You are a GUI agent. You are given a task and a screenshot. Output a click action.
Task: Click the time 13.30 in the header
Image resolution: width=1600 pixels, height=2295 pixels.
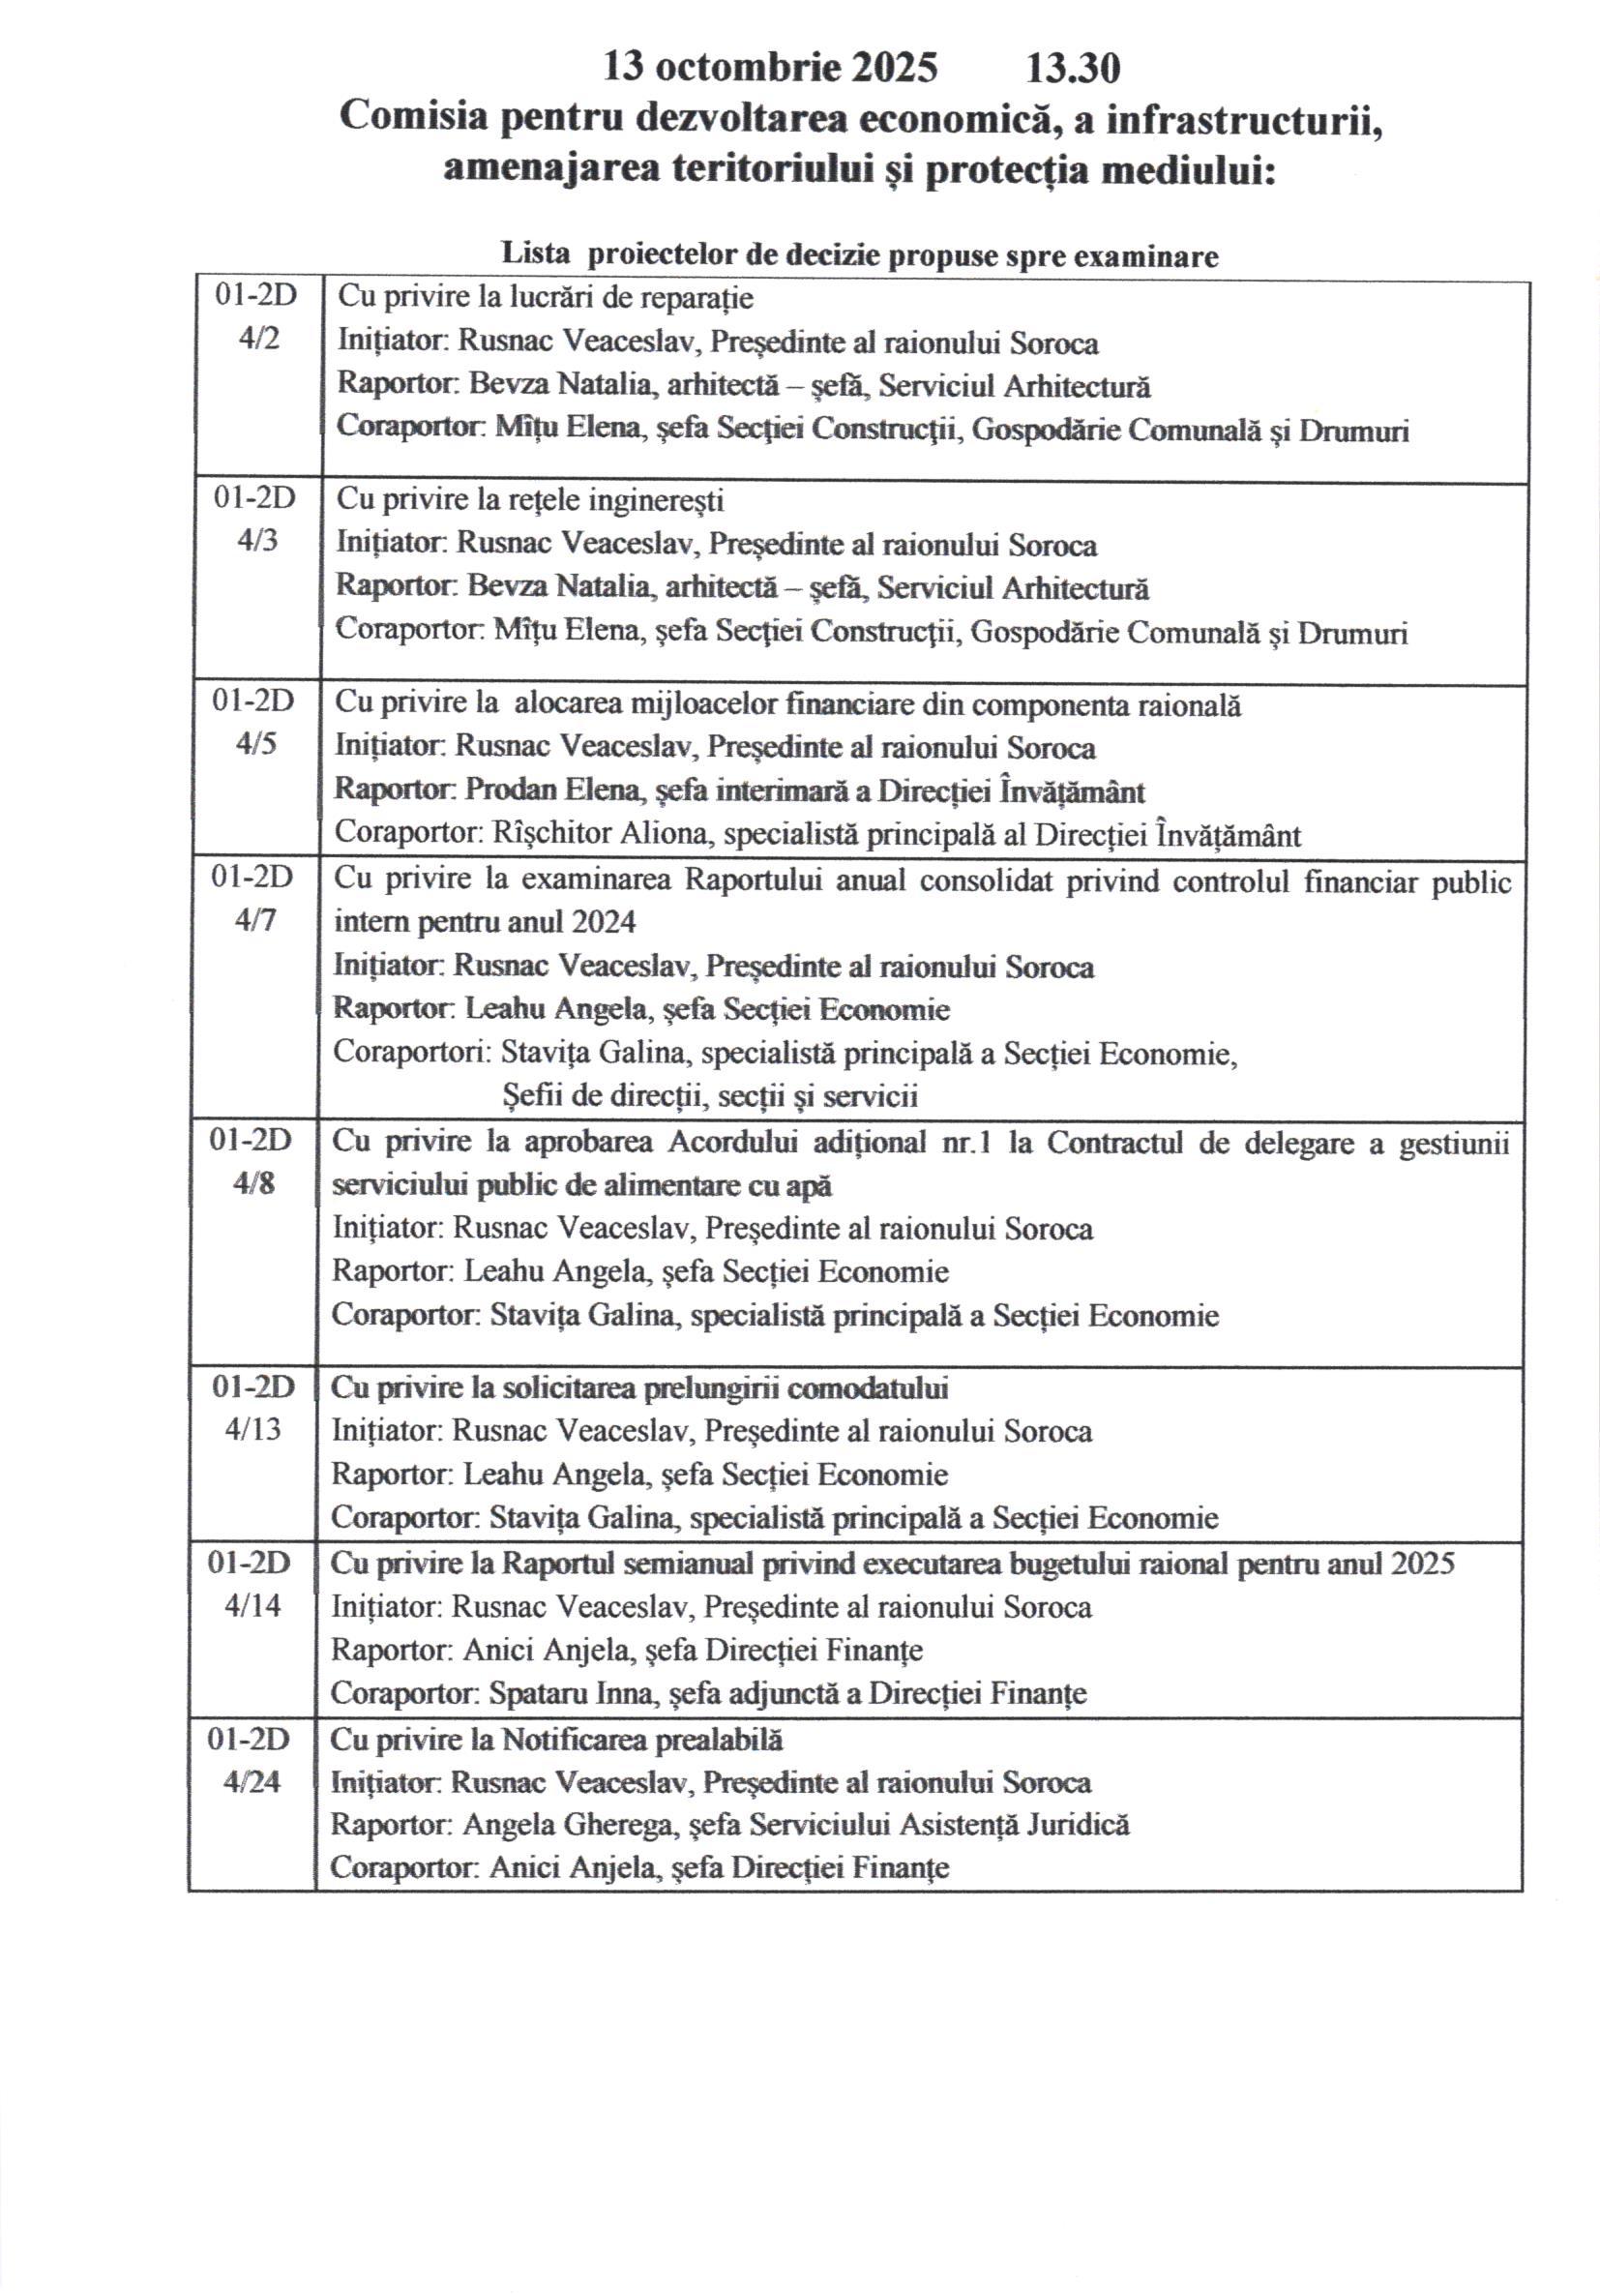(x=1073, y=69)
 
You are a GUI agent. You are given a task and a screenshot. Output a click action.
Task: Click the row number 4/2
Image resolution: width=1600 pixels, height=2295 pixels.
(x=259, y=339)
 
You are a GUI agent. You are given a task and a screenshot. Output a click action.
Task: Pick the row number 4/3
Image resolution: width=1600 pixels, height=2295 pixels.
(x=257, y=541)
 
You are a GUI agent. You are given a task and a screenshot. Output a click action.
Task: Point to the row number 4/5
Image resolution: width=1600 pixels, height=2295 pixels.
(x=255, y=745)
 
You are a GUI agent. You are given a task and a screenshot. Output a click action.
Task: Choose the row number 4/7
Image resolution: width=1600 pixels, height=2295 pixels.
(x=254, y=920)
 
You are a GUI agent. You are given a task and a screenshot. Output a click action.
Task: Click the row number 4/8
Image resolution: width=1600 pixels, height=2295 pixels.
(x=253, y=1183)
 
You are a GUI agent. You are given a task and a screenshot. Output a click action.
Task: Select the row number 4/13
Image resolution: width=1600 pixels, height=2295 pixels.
(x=252, y=1429)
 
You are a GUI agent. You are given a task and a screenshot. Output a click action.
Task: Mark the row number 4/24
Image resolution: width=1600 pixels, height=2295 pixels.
(x=252, y=1781)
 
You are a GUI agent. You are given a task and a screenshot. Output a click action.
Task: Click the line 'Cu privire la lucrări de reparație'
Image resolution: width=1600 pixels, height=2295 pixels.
(x=546, y=297)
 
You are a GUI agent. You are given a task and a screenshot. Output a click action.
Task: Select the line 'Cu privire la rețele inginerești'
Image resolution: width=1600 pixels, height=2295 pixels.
(x=530, y=499)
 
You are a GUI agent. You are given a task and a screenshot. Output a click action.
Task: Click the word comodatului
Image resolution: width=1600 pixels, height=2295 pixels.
(x=868, y=1387)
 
